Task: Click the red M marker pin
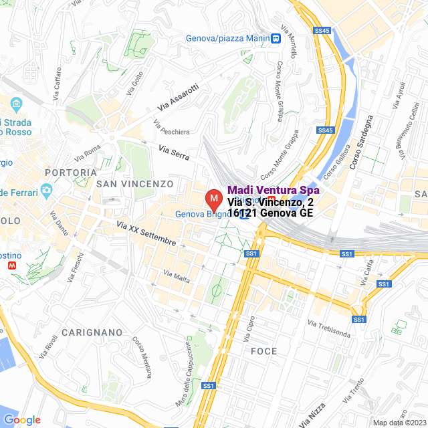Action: [213, 199]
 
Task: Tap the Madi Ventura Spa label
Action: [273, 190]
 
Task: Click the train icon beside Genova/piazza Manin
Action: [276, 38]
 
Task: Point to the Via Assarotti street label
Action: [178, 97]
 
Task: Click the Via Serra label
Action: [174, 152]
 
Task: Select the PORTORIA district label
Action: [70, 172]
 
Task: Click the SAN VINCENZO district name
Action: [134, 183]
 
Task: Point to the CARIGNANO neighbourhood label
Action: [92, 332]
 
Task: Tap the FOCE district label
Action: [263, 351]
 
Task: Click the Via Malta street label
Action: [177, 276]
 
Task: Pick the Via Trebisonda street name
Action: [329, 328]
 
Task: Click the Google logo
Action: [22, 420]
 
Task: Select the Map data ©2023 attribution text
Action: [398, 423]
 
